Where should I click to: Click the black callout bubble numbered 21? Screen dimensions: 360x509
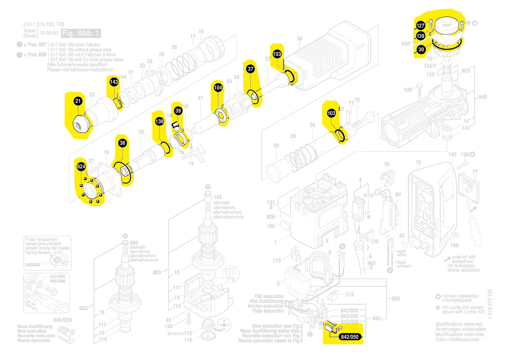click(78, 101)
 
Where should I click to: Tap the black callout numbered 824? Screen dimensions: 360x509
click(81, 167)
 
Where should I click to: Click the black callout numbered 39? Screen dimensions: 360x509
click(178, 111)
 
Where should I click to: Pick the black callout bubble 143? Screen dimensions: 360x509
click(114, 82)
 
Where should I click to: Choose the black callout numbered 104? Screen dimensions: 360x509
click(218, 88)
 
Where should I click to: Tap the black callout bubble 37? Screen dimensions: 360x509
click(250, 69)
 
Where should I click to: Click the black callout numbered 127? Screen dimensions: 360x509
click(421, 26)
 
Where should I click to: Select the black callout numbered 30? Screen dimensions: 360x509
click(421, 50)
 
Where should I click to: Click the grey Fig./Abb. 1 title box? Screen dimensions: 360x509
click(81, 33)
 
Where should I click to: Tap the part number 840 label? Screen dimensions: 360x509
click(482, 97)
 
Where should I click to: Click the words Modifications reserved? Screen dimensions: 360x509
click(458, 324)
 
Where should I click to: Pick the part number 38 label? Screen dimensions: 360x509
click(299, 39)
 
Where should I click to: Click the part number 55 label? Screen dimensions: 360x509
click(276, 146)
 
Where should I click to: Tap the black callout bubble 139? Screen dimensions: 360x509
click(421, 36)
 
